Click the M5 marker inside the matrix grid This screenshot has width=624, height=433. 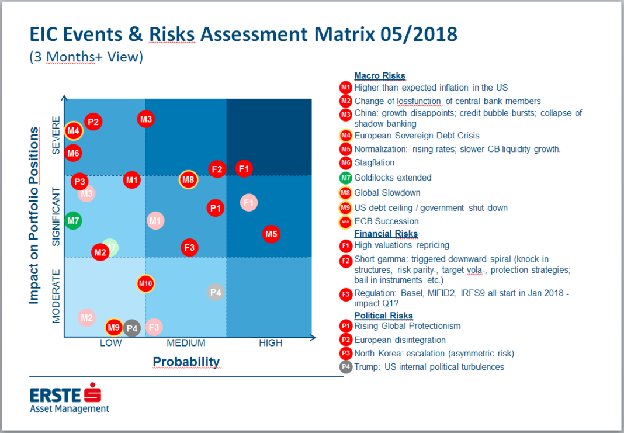(x=271, y=234)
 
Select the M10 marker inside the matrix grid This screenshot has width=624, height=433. (x=145, y=284)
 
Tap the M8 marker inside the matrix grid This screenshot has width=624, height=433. (x=188, y=179)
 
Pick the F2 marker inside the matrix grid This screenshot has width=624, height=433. (x=217, y=169)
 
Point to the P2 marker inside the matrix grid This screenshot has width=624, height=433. (x=93, y=122)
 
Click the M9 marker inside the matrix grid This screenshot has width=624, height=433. (x=113, y=327)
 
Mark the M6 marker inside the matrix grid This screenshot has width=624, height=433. (x=73, y=154)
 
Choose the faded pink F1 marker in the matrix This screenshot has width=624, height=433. (x=249, y=203)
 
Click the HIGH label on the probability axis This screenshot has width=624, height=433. (x=271, y=343)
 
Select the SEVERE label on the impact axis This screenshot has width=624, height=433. (x=56, y=136)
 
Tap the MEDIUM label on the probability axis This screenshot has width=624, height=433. (x=186, y=343)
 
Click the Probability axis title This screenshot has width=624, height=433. (x=186, y=362)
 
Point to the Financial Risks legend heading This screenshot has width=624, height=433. (x=386, y=234)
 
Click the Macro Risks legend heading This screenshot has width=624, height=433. (x=380, y=75)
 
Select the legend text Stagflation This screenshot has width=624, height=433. (x=374, y=162)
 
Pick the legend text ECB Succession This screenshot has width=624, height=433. (x=386, y=221)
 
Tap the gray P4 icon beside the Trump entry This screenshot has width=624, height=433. (x=345, y=367)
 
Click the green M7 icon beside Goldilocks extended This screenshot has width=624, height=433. (x=345, y=178)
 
